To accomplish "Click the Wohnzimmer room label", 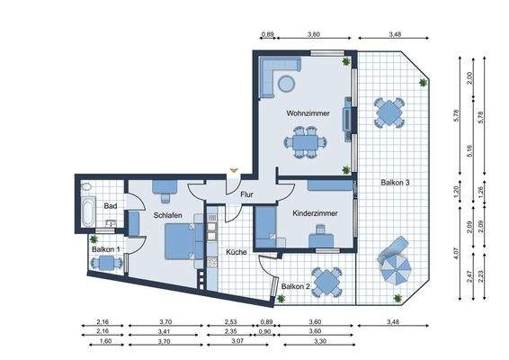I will [308, 114].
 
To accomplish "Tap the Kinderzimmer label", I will [315, 213].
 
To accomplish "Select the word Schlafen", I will [168, 216].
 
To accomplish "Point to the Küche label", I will [237, 252].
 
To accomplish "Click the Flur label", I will [246, 194].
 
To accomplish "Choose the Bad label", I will [111, 206].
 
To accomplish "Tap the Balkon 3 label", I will [396, 183].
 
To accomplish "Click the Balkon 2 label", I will [296, 286].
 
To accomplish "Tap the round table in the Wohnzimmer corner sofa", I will [286, 84].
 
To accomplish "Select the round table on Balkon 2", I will [325, 280].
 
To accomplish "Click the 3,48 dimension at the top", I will [395, 34].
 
